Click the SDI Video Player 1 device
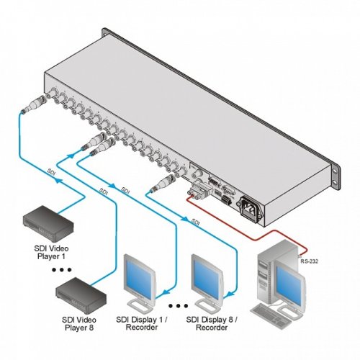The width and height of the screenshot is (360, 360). [x=48, y=223]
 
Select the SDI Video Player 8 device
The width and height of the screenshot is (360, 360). [x=81, y=295]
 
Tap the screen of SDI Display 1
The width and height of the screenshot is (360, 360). [x=138, y=277]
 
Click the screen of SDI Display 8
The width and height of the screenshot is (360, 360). [x=206, y=276]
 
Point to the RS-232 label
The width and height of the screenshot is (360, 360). [x=309, y=261]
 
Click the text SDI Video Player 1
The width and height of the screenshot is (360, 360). [x=51, y=252]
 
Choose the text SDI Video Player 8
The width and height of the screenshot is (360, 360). [x=79, y=323]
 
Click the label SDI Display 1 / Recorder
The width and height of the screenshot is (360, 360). [x=142, y=323]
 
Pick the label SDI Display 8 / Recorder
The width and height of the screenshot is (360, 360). [x=212, y=323]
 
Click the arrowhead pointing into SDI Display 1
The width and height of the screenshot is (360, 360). [x=166, y=292]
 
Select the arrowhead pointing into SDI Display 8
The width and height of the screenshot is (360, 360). [x=231, y=294]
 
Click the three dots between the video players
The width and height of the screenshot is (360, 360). [x=62, y=270]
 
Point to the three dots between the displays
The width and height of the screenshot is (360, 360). [x=178, y=306]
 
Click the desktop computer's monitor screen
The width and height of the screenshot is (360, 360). [x=288, y=282]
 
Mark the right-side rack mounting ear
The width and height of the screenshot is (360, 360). [x=336, y=176]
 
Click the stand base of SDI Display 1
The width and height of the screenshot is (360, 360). [x=138, y=305]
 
